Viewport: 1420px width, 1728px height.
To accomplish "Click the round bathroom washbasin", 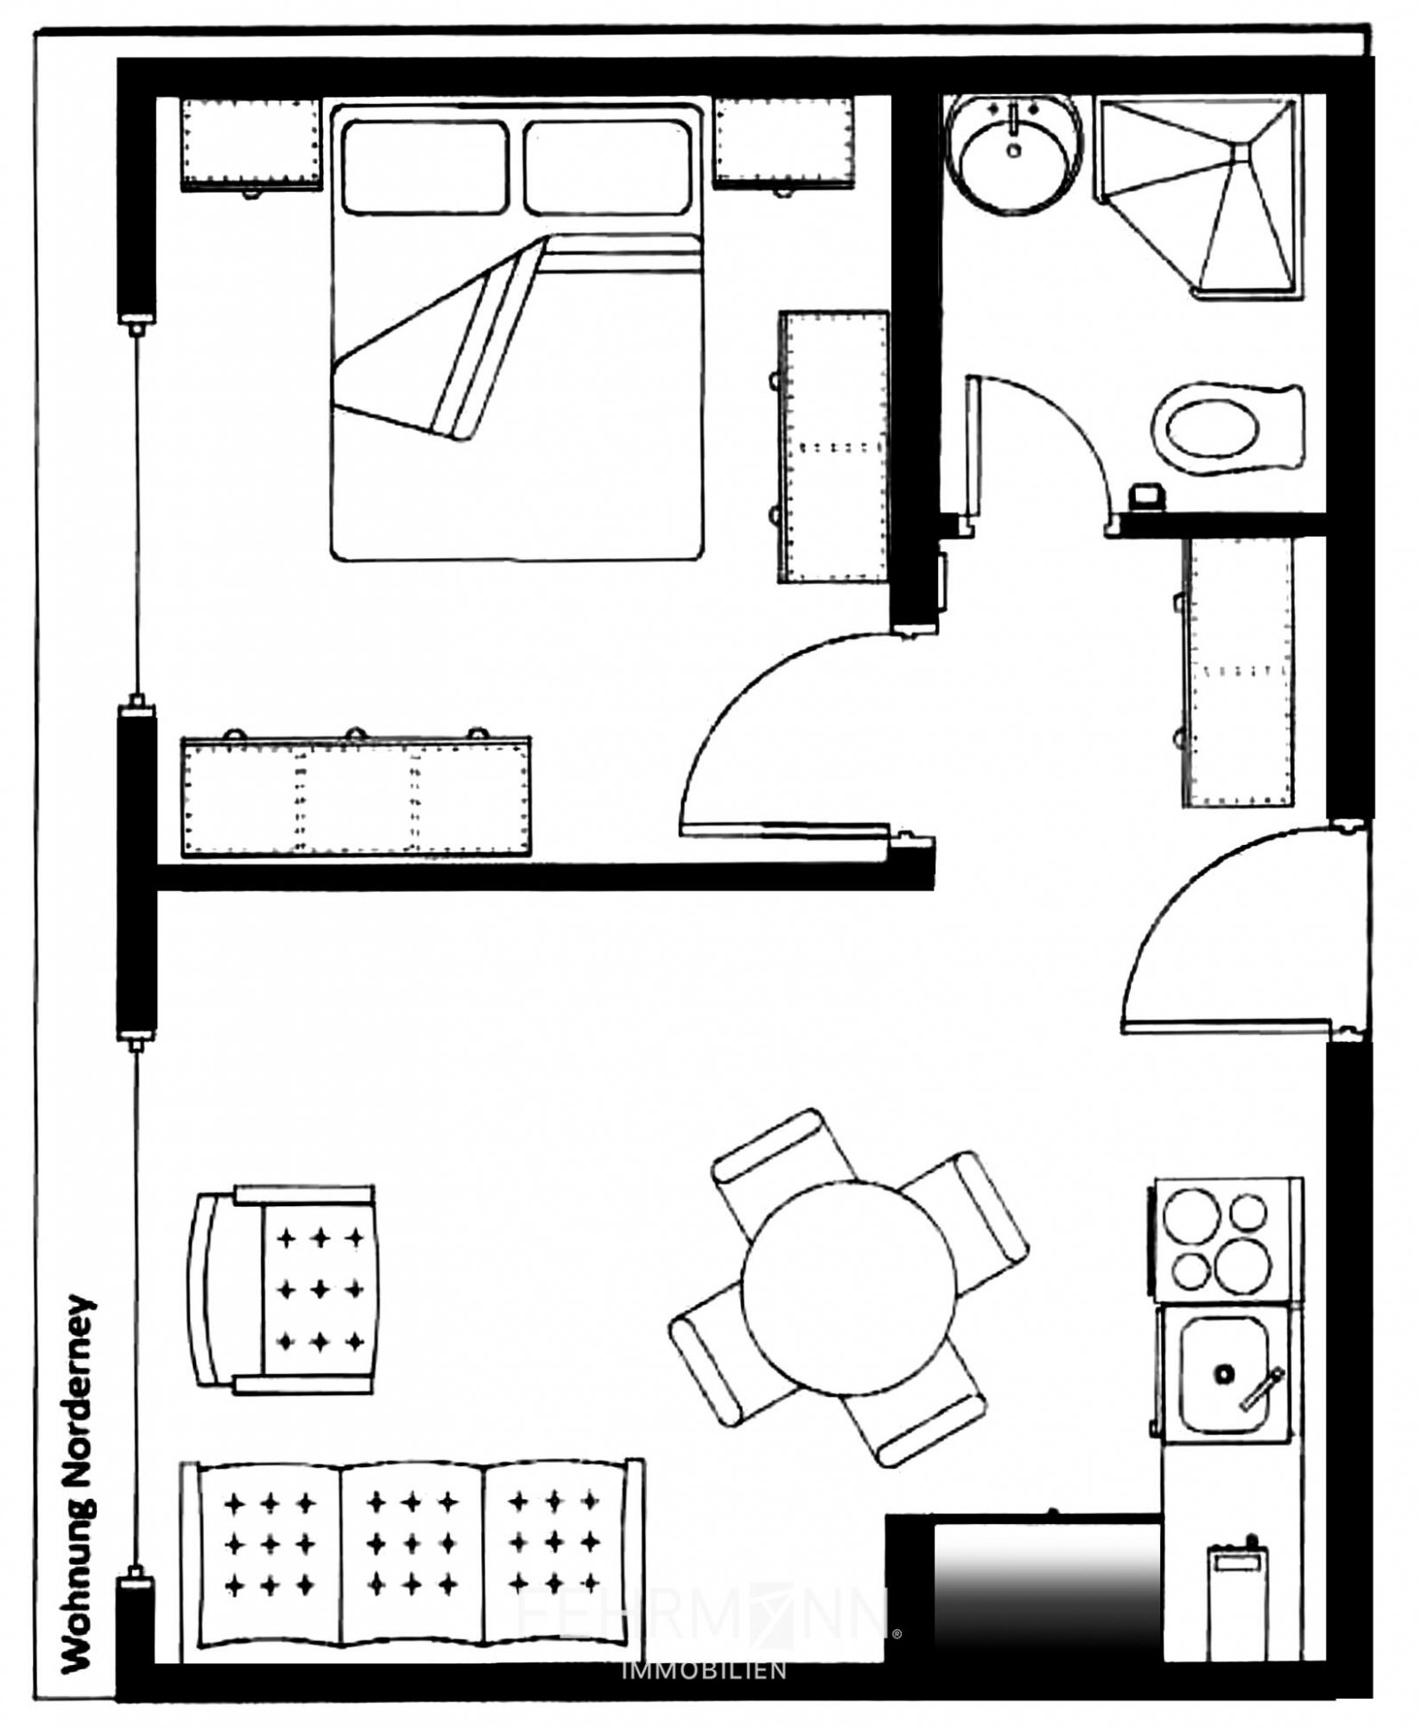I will [x=1014, y=156].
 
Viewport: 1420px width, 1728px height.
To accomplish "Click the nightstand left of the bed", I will [x=250, y=144].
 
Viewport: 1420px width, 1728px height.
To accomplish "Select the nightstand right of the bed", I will [x=785, y=144].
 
